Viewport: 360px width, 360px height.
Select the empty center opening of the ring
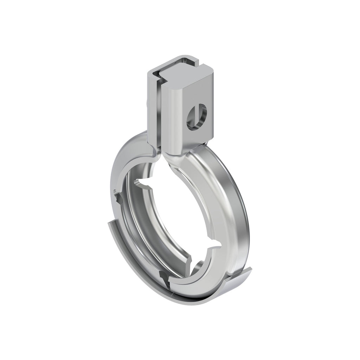(x=176, y=218)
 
